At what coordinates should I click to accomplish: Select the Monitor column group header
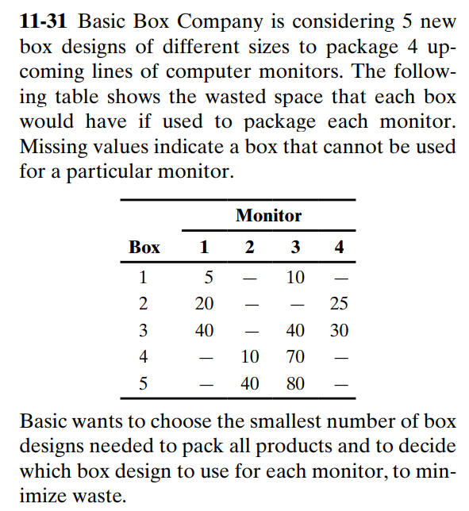click(x=268, y=215)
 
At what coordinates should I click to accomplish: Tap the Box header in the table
click(x=144, y=248)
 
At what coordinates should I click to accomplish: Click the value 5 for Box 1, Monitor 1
click(x=209, y=278)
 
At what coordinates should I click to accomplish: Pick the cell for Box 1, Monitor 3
click(x=295, y=278)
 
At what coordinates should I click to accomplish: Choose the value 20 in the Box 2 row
click(x=205, y=304)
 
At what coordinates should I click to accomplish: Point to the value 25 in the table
click(x=339, y=304)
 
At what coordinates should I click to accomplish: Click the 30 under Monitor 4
click(x=339, y=330)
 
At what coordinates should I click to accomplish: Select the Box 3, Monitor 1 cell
click(x=205, y=330)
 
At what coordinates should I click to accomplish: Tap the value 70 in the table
click(x=295, y=356)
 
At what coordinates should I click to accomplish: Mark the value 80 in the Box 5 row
click(x=295, y=382)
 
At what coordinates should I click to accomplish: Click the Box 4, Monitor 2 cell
click(x=250, y=356)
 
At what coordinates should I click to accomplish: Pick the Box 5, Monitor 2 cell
click(x=250, y=382)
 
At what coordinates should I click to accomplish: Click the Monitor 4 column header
click(x=340, y=248)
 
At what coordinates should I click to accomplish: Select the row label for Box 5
click(x=144, y=382)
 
